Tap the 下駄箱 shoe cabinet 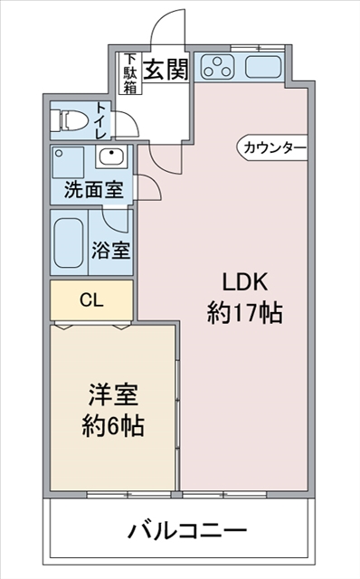(x=130, y=73)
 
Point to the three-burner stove (x=217, y=67)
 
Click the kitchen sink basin (x=263, y=67)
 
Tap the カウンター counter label (x=274, y=148)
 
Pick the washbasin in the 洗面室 (x=111, y=157)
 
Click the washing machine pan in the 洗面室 (x=68, y=163)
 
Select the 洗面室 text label (x=93, y=190)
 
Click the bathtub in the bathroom (x=69, y=242)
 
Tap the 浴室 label (x=110, y=250)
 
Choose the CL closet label (x=91, y=300)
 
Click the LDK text (x=243, y=283)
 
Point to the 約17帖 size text (x=244, y=313)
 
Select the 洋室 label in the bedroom (x=113, y=395)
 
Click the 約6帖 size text (x=113, y=426)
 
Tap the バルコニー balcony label (x=187, y=531)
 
